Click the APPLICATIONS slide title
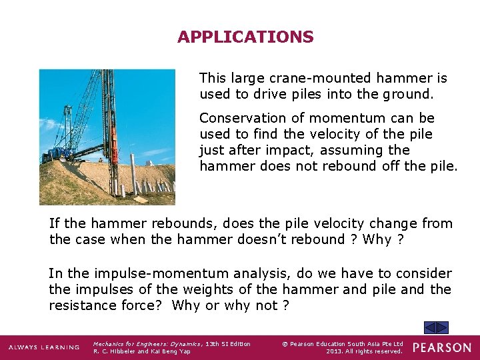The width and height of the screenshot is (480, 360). point(245,37)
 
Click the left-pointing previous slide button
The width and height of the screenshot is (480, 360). point(431,328)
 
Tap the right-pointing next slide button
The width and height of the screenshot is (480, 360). point(443,328)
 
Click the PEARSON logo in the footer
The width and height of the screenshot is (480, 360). point(441,347)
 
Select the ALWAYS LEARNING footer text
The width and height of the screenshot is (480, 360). point(43,348)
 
